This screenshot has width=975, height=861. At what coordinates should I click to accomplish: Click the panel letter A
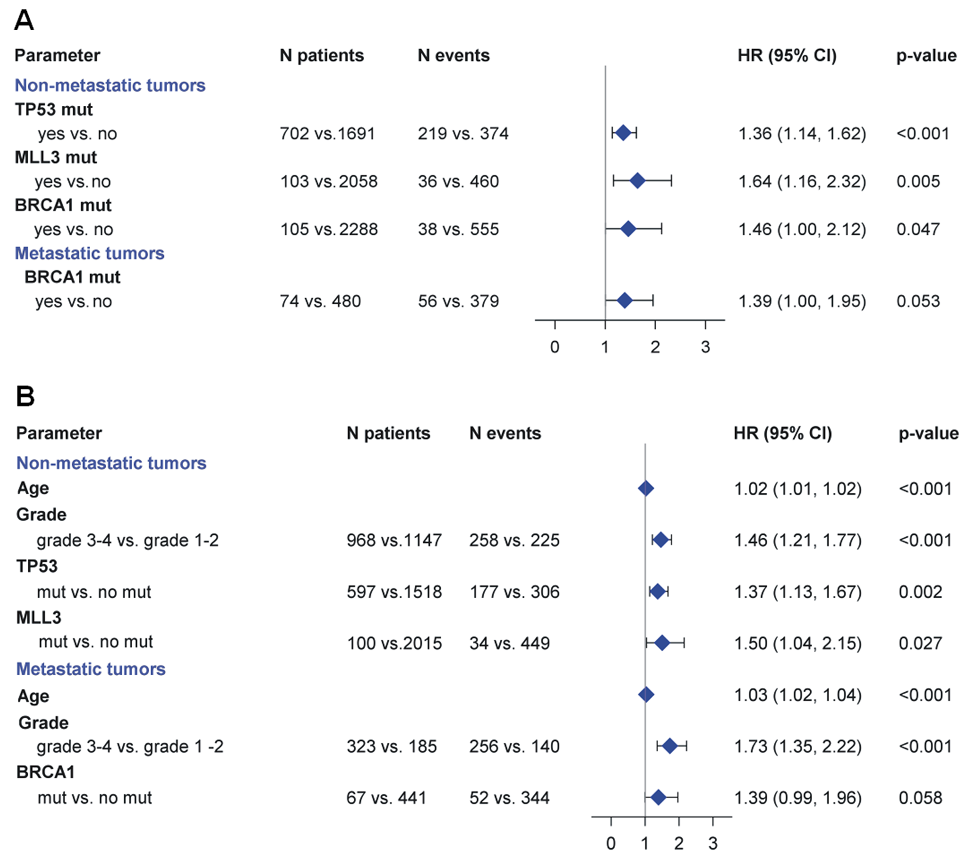pos(24,21)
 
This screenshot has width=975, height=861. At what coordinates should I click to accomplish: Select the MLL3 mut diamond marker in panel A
pos(637,181)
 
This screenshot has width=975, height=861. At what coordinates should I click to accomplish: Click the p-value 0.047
pos(918,229)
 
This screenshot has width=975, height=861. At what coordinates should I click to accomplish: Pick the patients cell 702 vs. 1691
pos(327,134)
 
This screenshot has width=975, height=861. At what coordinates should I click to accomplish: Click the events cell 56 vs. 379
pos(458,301)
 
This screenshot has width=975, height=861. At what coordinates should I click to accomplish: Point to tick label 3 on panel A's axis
pos(705,347)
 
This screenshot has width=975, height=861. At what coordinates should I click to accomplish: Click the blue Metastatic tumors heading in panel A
pos(90,253)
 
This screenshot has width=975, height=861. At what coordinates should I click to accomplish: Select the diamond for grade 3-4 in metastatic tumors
pos(670,746)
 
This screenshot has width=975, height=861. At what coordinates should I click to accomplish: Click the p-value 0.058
pos(920,798)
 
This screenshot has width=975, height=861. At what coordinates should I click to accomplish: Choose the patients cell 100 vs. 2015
pos(394,643)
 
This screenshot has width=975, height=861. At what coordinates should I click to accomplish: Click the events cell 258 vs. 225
pos(514,540)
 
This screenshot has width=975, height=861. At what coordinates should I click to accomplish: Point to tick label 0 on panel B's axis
pos(611,843)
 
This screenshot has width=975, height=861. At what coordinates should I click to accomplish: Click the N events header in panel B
pos(505,433)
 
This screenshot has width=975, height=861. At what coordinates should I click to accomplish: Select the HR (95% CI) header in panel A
pos(787,56)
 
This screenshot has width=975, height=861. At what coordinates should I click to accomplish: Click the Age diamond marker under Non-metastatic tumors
pos(645,488)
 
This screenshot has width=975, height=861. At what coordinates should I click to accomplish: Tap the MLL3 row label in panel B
pos(39,618)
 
